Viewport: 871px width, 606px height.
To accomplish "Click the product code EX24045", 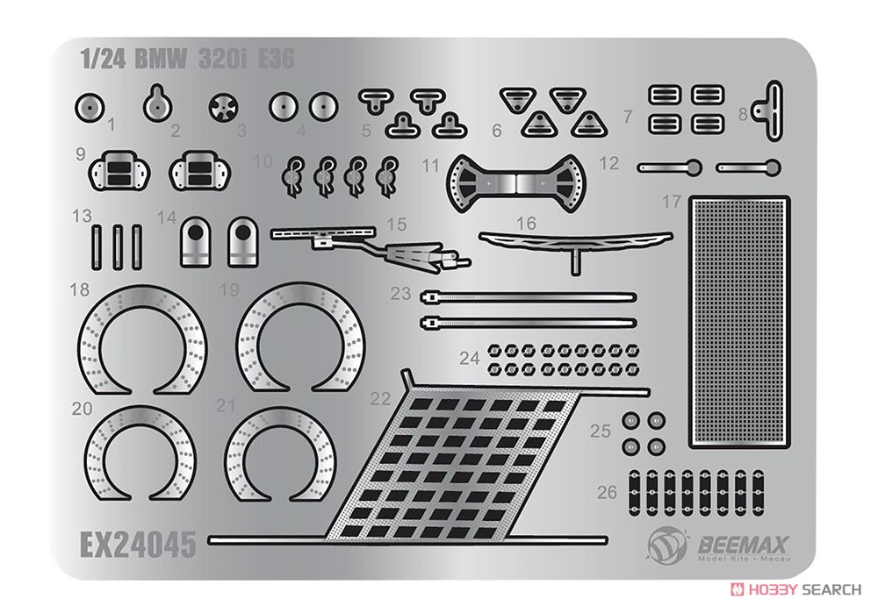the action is coord(139,544).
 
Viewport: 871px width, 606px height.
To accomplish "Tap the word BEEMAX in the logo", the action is coord(743,545).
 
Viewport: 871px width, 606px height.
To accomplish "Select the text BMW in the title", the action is coord(161,59).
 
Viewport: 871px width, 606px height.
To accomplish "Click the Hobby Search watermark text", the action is coord(802,588).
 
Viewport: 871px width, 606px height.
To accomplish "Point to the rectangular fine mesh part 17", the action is coord(739,322).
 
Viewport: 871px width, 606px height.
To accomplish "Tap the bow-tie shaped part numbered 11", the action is coord(515,182).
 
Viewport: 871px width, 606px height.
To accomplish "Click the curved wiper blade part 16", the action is coord(575,243).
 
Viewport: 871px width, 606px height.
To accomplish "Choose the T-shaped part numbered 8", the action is coord(768,111).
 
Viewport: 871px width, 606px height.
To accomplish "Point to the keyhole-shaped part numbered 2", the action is coord(157,103).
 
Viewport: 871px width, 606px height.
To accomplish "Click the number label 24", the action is coord(470,358).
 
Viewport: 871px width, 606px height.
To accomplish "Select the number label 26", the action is coord(607,492).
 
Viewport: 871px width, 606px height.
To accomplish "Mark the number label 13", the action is coord(83,216).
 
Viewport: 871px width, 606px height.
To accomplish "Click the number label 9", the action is coord(81,153).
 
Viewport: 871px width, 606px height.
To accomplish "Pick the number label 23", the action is coord(400,293).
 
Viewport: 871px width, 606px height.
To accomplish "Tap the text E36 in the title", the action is coord(276,59).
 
